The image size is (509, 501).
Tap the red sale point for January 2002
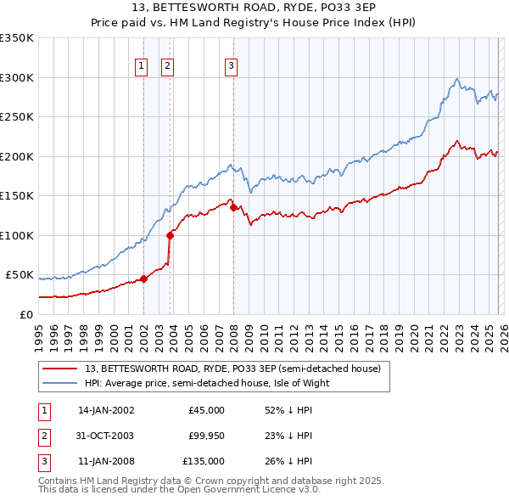[x=143, y=278]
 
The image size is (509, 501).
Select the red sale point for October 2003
[x=171, y=235]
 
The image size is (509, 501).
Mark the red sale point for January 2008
[x=233, y=207]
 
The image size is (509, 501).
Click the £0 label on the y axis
[x=25, y=314]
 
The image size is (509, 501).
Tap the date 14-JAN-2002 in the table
[x=106, y=410]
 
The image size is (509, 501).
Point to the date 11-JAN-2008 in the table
[x=106, y=461]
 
